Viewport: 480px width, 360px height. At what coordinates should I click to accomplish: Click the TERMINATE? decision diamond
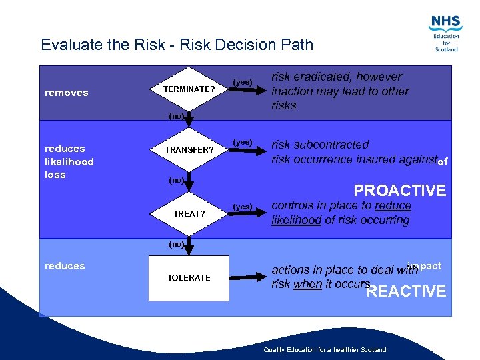click(189, 89)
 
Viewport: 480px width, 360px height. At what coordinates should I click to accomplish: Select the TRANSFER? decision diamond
click(189, 150)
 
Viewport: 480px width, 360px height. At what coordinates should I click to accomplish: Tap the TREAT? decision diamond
click(189, 214)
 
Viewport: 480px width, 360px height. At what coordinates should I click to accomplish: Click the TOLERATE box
click(189, 277)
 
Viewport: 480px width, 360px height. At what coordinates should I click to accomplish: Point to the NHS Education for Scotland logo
click(446, 33)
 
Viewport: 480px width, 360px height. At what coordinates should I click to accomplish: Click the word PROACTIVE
click(400, 191)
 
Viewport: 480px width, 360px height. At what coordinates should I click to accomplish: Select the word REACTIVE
click(407, 291)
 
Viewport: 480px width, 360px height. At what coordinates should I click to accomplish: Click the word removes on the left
click(66, 93)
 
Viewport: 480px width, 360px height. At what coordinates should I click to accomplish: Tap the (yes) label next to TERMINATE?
click(242, 82)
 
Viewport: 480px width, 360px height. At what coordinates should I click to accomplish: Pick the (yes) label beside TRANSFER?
click(242, 142)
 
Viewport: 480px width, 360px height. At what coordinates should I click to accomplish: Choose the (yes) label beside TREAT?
click(242, 207)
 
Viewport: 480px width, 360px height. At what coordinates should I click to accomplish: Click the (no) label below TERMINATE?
click(176, 116)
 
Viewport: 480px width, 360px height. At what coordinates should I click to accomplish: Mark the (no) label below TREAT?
click(176, 244)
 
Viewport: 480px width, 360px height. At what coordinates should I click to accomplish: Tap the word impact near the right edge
click(425, 265)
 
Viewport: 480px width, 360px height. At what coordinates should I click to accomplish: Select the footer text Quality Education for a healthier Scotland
click(325, 350)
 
